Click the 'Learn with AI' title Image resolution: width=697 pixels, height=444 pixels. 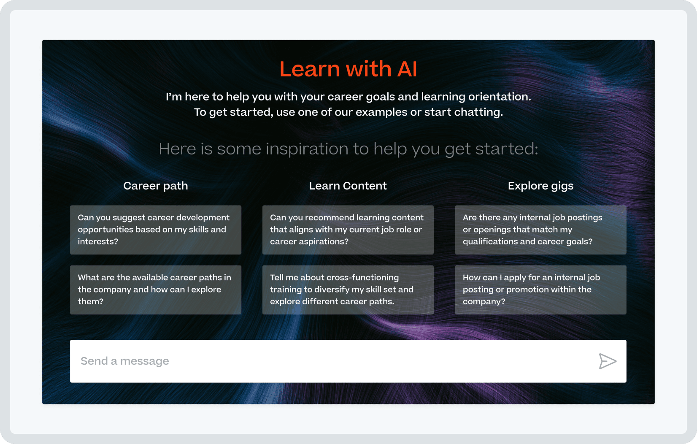click(x=348, y=69)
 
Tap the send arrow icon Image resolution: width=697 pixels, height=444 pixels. click(x=607, y=361)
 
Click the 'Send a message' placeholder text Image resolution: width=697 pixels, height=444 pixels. click(x=125, y=361)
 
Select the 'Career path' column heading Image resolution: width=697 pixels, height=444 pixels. click(x=155, y=186)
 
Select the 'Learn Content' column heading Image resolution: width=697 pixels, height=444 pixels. click(x=348, y=186)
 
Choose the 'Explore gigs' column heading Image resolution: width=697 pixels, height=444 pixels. click(x=540, y=186)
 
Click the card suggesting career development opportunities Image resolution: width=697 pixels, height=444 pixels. click(x=155, y=230)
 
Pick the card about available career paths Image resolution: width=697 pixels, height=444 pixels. click(x=155, y=290)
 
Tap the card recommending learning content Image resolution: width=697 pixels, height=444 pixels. click(x=348, y=230)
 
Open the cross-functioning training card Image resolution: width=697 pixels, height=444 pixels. click(x=348, y=290)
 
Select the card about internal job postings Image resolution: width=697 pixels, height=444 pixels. click(x=540, y=230)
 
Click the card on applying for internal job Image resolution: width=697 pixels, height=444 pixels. click(x=540, y=290)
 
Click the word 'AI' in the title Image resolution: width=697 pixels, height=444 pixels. click(x=407, y=69)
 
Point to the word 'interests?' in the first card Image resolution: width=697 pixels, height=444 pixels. click(x=98, y=241)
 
